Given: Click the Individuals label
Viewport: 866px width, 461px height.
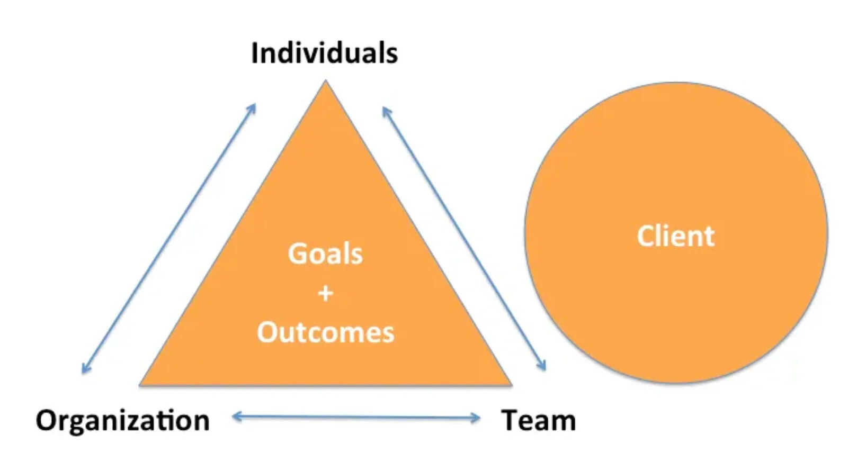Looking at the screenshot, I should [324, 53].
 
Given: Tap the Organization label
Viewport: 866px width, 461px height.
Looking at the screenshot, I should [122, 421].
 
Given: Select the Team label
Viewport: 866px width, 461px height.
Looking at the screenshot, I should [538, 421].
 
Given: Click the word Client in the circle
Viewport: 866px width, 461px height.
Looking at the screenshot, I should [675, 236].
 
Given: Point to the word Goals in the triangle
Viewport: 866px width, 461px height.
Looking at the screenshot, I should [325, 254].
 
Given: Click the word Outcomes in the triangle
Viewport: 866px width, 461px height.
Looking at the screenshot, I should [326, 333].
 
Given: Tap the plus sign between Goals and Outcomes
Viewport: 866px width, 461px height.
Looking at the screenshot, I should [326, 293].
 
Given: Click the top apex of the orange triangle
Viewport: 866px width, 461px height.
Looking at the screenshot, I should [326, 82].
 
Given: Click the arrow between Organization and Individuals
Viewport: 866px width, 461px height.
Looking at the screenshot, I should [169, 238].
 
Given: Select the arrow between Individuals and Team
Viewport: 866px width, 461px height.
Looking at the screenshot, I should [463, 238].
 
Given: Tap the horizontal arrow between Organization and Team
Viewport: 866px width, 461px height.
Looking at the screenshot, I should [356, 418].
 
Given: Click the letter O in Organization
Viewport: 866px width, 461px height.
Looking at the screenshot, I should [47, 421].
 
